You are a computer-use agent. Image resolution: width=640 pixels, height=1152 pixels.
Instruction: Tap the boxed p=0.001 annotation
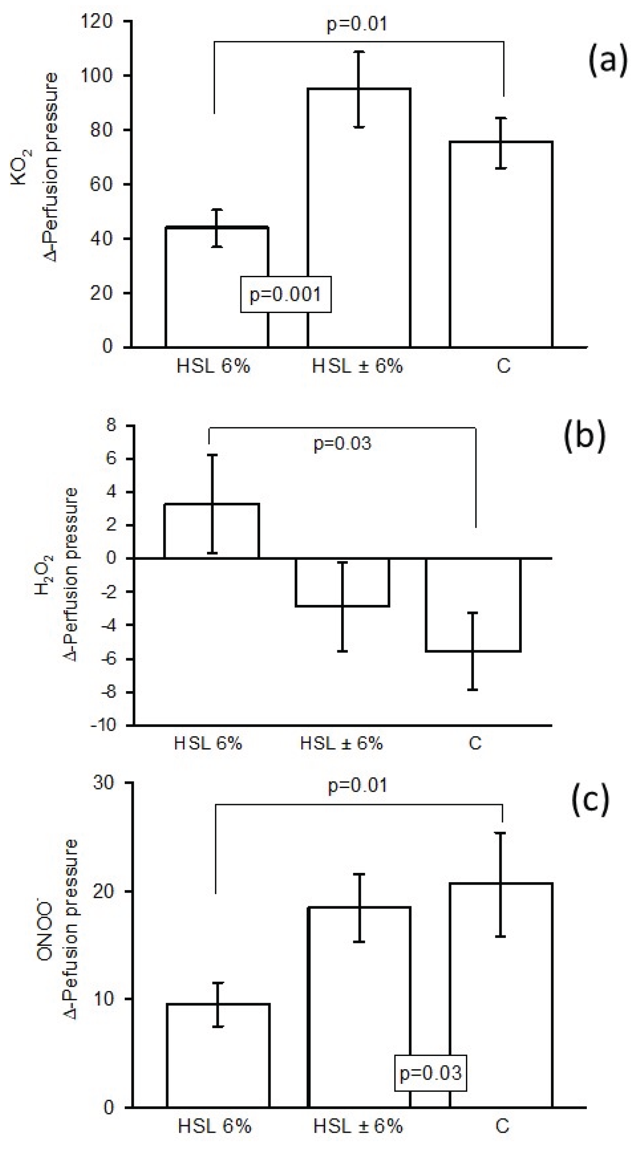(286, 294)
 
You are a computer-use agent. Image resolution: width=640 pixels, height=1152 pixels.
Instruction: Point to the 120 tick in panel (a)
(96, 21)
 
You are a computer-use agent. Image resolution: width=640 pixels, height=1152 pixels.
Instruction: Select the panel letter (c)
(590, 800)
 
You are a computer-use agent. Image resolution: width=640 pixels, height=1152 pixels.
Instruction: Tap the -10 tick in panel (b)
(103, 725)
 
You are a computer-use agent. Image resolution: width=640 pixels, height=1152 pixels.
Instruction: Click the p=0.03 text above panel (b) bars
(342, 443)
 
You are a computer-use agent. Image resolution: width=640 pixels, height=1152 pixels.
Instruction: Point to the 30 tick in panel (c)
(103, 783)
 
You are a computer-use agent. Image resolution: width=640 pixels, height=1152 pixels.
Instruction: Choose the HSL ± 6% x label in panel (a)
(357, 366)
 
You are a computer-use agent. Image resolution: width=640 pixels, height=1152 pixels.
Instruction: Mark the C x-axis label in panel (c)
(502, 1126)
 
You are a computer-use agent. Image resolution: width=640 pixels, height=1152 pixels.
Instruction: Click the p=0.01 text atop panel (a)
(357, 24)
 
